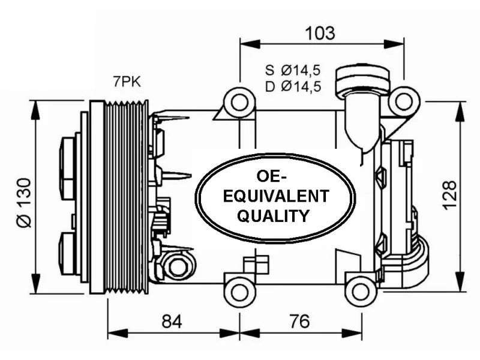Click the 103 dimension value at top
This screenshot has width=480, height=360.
(320, 33)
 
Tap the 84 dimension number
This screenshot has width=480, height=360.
(172, 322)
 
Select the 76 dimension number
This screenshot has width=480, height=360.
(299, 322)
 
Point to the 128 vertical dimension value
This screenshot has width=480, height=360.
(449, 196)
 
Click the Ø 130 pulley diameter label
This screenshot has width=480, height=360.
(24, 203)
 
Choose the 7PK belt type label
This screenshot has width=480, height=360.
(127, 82)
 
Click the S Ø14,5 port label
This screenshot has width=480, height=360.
(293, 70)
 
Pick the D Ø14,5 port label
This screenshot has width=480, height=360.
(293, 87)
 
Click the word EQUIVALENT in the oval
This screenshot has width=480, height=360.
(276, 196)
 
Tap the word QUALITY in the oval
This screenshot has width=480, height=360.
(274, 216)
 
